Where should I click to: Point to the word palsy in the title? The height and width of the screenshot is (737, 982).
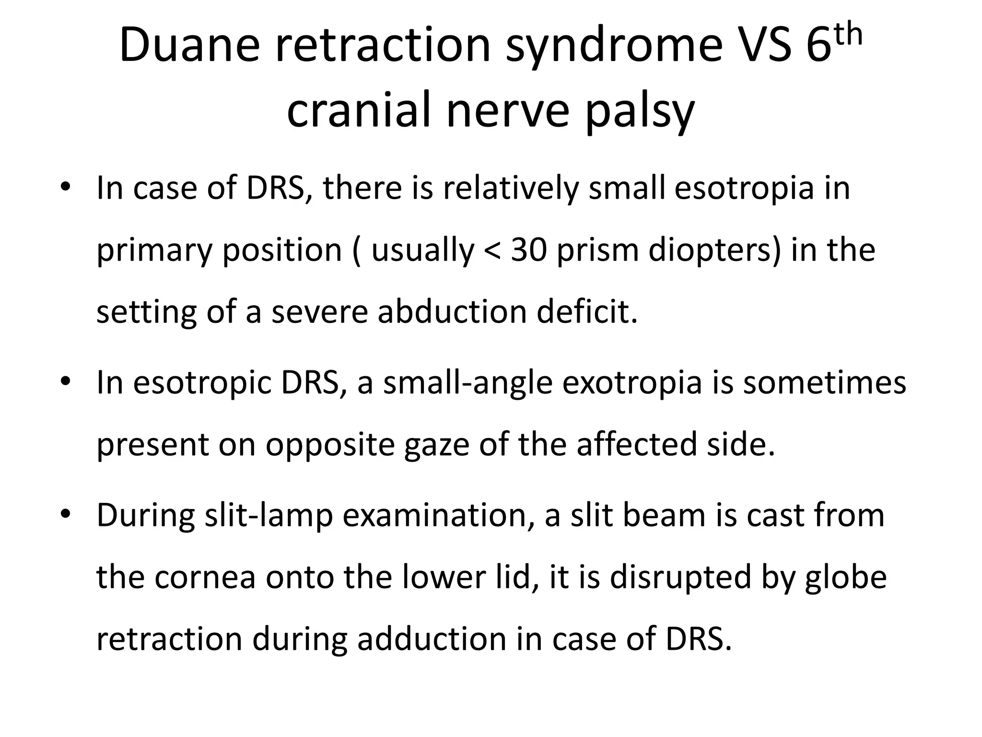[640, 111]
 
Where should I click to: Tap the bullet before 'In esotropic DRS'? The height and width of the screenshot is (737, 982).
[66, 382]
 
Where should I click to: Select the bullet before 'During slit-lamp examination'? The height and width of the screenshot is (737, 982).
[66, 515]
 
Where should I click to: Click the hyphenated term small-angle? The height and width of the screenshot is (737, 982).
[468, 382]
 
